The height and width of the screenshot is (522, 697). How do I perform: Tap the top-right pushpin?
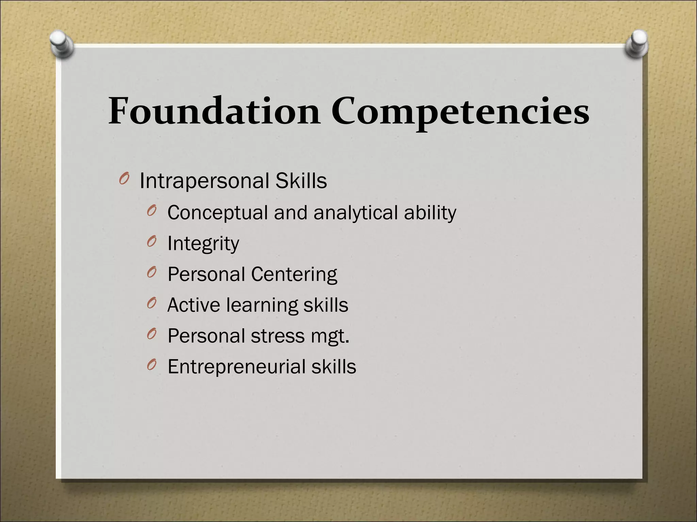pyautogui.click(x=637, y=43)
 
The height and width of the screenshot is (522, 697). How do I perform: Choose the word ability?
pyautogui.click(x=430, y=213)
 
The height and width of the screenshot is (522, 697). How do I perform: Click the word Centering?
pyautogui.click(x=294, y=274)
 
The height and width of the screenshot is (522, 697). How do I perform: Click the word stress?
pyautogui.click(x=277, y=336)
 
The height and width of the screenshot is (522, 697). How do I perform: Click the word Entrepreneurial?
pyautogui.click(x=237, y=367)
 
